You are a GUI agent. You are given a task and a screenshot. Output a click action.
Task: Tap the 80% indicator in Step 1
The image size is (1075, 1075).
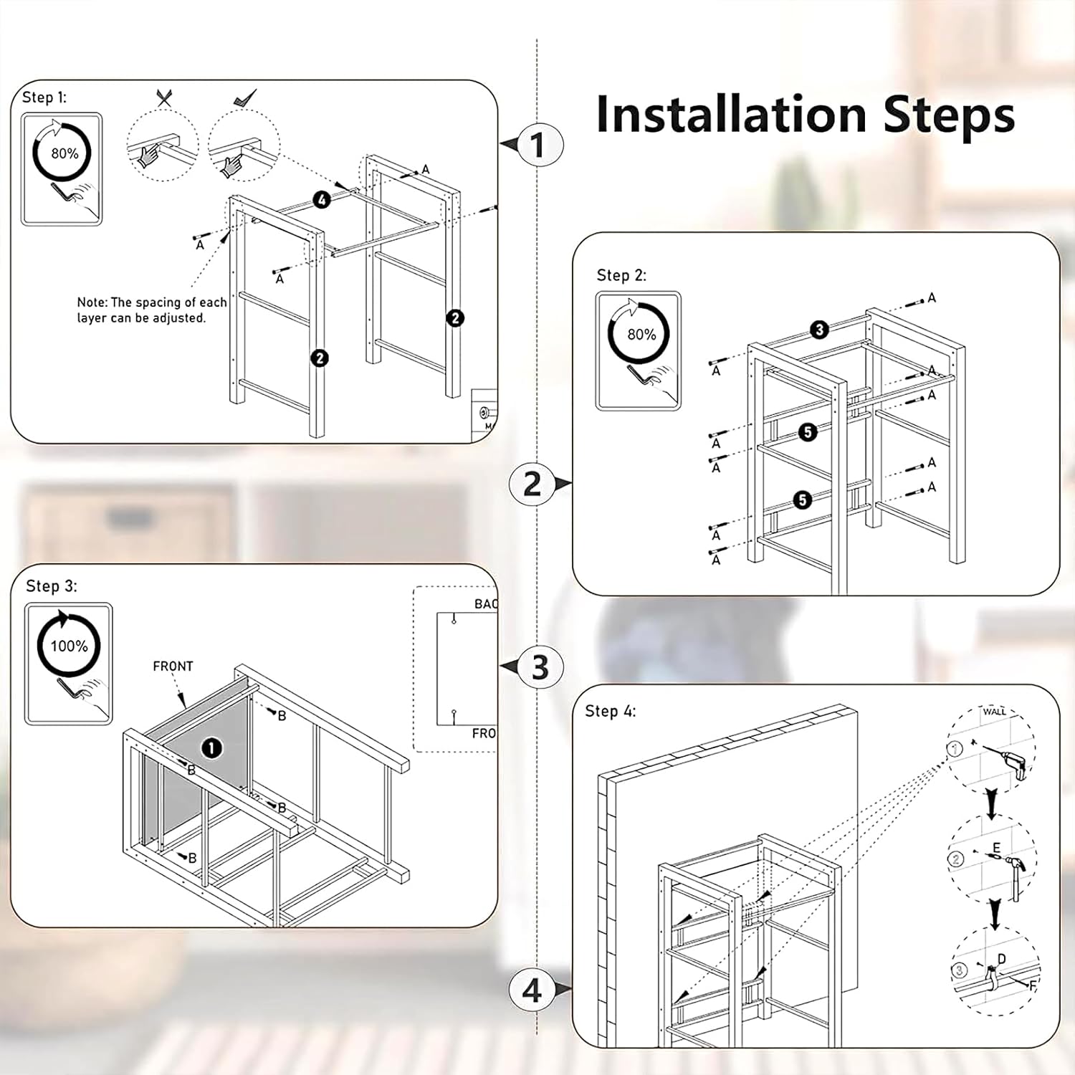pyautogui.click(x=64, y=153)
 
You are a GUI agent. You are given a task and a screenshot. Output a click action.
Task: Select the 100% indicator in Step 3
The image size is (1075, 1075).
pyautogui.click(x=69, y=646)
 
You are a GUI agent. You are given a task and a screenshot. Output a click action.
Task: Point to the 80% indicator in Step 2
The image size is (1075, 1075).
pyautogui.click(x=641, y=335)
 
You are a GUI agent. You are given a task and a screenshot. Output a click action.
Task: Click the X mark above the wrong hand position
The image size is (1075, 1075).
pyautogui.click(x=164, y=98)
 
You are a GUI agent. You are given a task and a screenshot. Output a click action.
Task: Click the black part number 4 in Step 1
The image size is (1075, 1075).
pyautogui.click(x=322, y=200)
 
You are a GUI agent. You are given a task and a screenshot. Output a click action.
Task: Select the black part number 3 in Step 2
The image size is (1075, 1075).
pyautogui.click(x=819, y=330)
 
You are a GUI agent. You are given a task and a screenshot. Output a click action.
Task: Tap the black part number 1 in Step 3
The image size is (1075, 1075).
pyautogui.click(x=211, y=748)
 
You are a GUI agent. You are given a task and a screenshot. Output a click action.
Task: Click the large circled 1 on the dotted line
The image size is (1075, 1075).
pyautogui.click(x=538, y=145)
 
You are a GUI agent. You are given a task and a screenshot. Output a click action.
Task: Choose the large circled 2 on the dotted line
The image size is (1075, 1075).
pyautogui.click(x=532, y=484)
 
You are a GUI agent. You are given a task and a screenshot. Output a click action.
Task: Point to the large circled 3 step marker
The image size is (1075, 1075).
pyautogui.click(x=540, y=667)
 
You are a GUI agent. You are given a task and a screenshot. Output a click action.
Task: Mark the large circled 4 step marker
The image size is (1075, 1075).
pyautogui.click(x=532, y=990)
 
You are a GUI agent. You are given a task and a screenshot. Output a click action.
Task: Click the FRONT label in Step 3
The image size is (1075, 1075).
pyautogui.click(x=173, y=666)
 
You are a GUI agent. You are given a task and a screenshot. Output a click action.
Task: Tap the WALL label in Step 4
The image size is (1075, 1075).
pyautogui.click(x=994, y=711)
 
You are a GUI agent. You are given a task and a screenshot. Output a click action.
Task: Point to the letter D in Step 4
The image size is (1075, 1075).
pyautogui.click(x=1001, y=960)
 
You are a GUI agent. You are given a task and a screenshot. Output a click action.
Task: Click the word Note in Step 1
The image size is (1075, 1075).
pyautogui.click(x=92, y=302)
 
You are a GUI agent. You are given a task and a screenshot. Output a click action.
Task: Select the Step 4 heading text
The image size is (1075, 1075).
pyautogui.click(x=610, y=711)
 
